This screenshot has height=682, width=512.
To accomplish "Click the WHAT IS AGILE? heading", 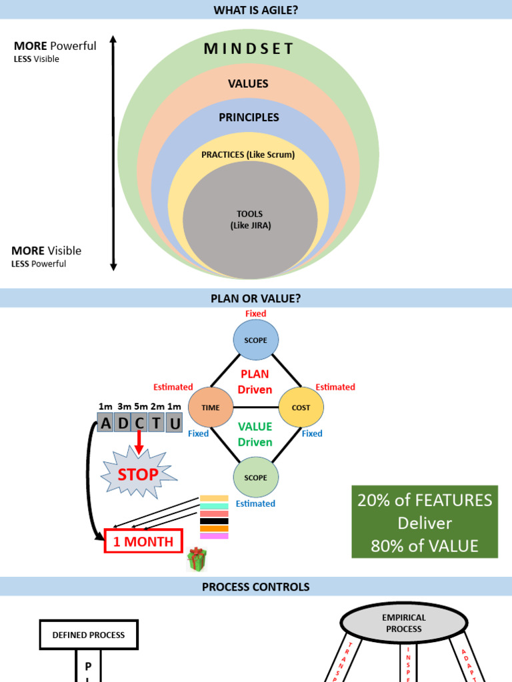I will tap(256, 10).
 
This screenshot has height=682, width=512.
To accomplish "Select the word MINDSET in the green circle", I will tap(249, 49).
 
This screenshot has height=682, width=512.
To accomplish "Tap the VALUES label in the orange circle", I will tap(248, 84).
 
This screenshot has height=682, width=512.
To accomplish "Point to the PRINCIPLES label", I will tap(249, 117).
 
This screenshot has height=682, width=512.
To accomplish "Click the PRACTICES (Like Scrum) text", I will tap(248, 155).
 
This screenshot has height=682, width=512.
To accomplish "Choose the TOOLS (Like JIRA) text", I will tap(250, 220).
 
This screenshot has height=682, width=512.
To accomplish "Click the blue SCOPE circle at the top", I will tap(255, 340).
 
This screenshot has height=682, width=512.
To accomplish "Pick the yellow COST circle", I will tap(301, 408).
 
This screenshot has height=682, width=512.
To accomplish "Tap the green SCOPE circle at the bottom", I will tap(255, 478).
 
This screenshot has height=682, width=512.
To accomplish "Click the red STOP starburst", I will tap(139, 475).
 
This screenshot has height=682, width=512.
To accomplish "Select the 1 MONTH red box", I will tap(143, 541).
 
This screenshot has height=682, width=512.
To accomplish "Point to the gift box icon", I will tap(197, 559).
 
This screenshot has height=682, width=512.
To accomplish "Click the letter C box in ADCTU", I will tap(140, 423).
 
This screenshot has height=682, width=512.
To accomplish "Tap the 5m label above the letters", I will tap(140, 406).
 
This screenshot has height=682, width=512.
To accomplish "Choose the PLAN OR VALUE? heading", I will tap(256, 299).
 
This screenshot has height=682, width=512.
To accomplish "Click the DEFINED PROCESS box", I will tap(89, 635).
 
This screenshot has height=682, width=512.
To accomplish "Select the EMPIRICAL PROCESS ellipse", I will tap(403, 623).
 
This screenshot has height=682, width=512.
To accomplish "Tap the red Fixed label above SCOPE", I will tap(255, 314).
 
